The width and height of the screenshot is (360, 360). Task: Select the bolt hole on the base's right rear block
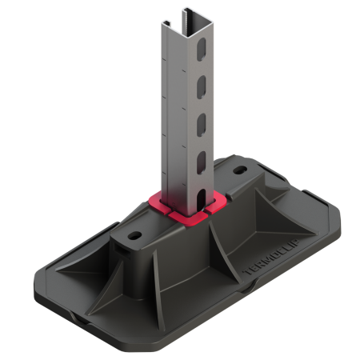point(241,171)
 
